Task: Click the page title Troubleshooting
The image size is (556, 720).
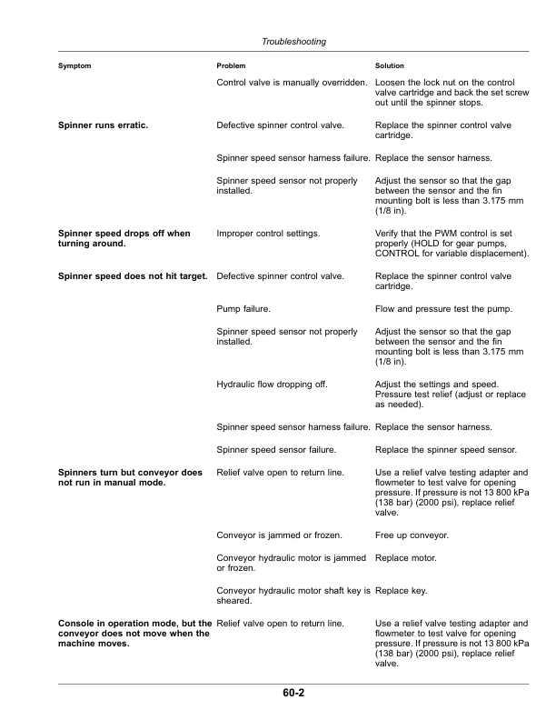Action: pos(293,42)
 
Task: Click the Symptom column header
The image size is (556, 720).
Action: pos(74,66)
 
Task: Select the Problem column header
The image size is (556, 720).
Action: pos(232,66)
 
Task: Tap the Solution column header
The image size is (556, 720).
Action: pos(390,66)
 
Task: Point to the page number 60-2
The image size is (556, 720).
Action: pos(293,694)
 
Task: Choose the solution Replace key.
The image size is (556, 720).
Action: pos(401,590)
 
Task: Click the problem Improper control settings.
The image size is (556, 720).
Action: pos(268,234)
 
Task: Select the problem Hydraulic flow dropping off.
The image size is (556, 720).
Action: pos(272,384)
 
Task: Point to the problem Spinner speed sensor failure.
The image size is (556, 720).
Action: pos(277,449)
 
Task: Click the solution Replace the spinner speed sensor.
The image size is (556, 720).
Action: pos(445,449)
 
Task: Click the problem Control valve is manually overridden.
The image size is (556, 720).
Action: pos(292,84)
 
